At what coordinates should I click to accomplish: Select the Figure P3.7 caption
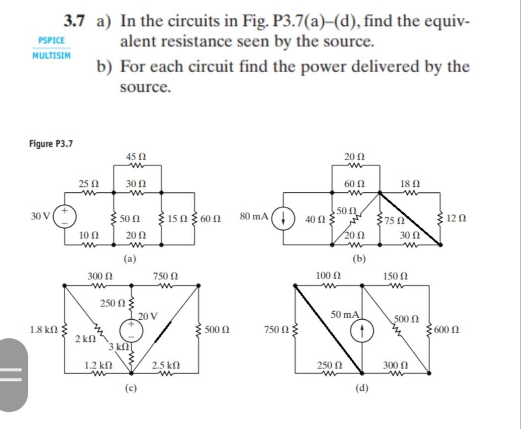point(50,144)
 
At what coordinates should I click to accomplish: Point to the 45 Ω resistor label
point(136,157)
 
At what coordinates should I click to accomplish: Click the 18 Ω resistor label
point(409,183)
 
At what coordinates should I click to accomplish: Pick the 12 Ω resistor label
point(456,218)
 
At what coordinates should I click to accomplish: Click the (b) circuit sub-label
point(359,258)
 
